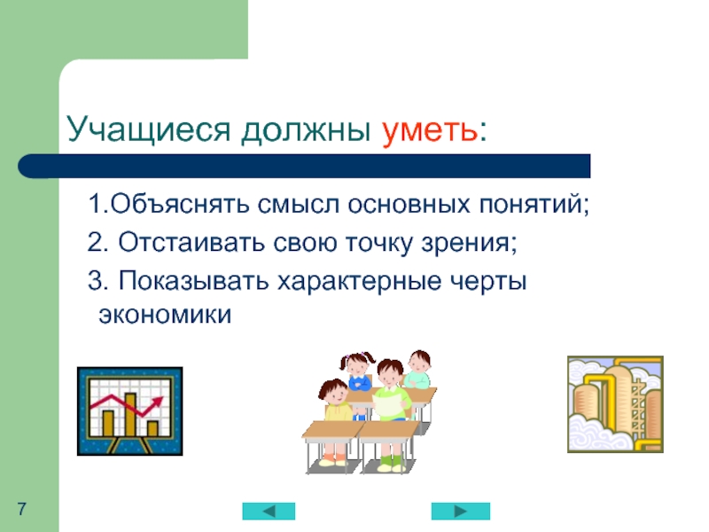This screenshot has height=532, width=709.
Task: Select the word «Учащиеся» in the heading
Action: coord(149,129)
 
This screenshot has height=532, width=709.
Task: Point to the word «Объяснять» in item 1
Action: coord(180,204)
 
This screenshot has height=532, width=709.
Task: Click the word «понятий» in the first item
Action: coord(530,204)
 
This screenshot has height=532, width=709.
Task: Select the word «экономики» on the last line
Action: coord(165,315)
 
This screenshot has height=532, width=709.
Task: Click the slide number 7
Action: coord(21,509)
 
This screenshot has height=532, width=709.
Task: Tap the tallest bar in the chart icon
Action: coord(130,414)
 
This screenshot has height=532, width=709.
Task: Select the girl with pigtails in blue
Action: coord(359,372)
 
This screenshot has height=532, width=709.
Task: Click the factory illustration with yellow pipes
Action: coord(615,404)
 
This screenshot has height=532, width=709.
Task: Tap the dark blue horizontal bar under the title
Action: coord(304,166)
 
